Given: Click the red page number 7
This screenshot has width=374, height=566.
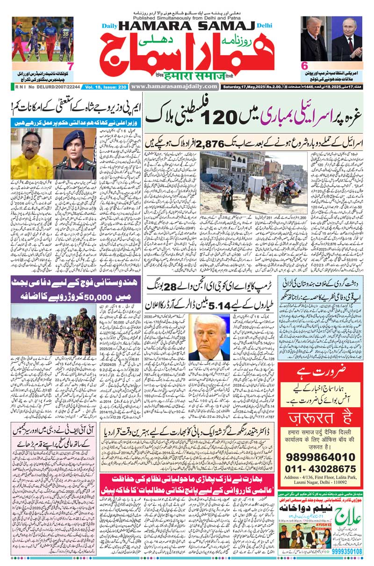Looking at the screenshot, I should pyautogui.click(x=71, y=66).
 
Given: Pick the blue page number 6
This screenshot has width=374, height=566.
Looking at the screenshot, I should pyautogui.click(x=304, y=66).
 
